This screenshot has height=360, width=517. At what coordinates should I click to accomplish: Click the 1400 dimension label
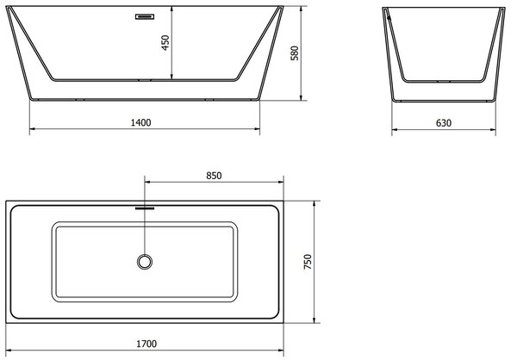pyautogui.click(x=140, y=122)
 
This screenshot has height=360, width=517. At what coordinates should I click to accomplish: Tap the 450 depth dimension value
pyautogui.click(x=165, y=42)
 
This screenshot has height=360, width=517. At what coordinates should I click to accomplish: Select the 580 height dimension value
pyautogui.click(x=295, y=53)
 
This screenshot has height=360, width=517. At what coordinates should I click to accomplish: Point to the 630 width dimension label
pyautogui.click(x=444, y=123)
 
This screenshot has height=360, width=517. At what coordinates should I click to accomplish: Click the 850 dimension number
pyautogui.click(x=214, y=176)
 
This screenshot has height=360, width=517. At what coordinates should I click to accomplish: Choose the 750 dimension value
pyautogui.click(x=308, y=262)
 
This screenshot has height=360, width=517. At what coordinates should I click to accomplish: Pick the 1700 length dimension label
pyautogui.click(x=146, y=344)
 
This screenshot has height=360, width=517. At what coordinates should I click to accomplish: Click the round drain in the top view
pyautogui.click(x=145, y=262)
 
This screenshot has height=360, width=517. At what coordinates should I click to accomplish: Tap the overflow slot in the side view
pyautogui.click(x=145, y=16)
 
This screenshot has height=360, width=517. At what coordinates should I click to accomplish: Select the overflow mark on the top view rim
pyautogui.click(x=145, y=208)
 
